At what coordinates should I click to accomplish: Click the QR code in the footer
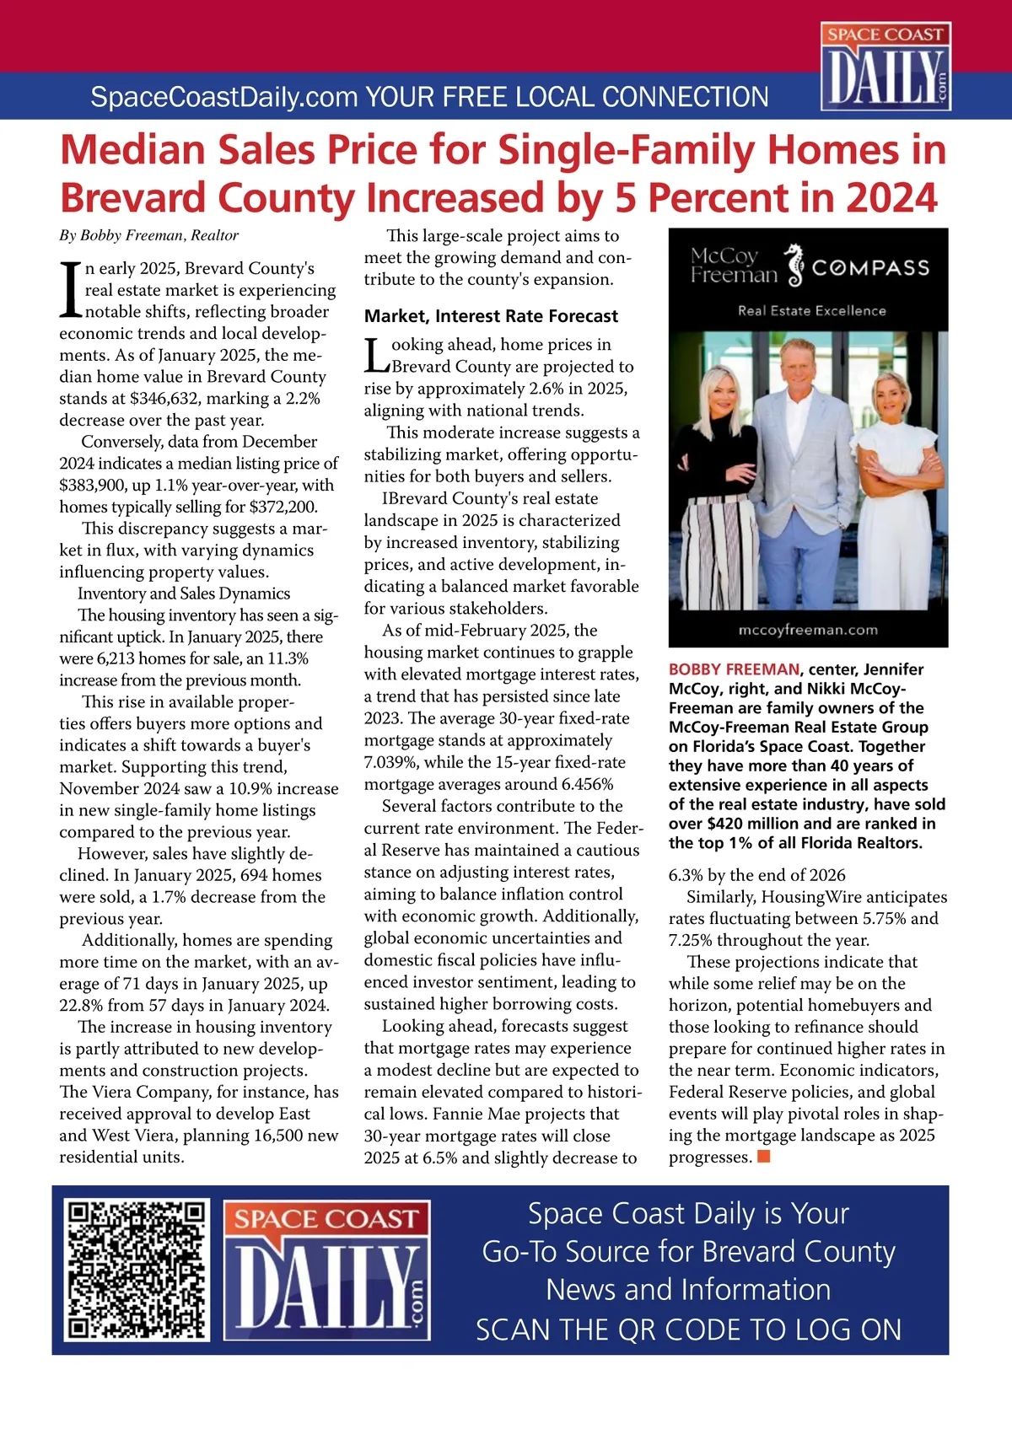[x=137, y=1270]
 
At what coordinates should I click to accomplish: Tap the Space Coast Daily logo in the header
[x=885, y=67]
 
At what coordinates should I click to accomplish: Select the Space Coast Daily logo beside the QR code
[x=327, y=1270]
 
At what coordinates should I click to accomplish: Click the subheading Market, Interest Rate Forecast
[x=491, y=316]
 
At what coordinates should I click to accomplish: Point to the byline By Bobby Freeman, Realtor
[x=148, y=235]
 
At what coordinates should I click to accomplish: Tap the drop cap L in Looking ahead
[x=376, y=355]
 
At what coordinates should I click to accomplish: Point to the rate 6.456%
[x=587, y=784]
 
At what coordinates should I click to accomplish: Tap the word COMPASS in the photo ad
[x=870, y=268]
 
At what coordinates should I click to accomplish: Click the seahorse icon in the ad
[x=794, y=265]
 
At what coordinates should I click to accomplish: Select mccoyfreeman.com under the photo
[x=807, y=630]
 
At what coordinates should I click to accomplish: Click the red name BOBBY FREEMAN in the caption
[x=734, y=669]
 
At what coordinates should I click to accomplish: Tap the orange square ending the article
[x=764, y=1156]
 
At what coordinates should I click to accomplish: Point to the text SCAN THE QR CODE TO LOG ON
[x=688, y=1330]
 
